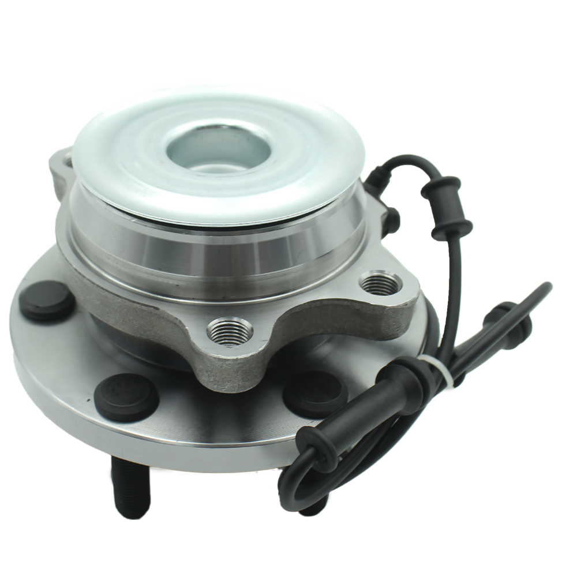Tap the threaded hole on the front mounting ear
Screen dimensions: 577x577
pos(230,331)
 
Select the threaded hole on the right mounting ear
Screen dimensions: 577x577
pos(380,283)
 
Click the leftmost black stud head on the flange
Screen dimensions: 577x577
pos(46,300)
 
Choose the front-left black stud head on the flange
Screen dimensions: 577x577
pos(126,397)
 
